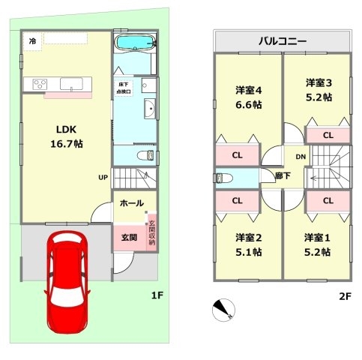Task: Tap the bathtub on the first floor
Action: [135, 42]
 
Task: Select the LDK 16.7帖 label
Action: [67, 136]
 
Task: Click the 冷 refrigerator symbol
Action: [32, 41]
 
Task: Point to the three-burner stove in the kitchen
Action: [40, 84]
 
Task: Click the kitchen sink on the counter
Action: [71, 84]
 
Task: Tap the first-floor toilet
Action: [145, 155]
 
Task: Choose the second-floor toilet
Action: [223, 178]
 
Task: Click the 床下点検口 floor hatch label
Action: [124, 88]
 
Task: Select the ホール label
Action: [132, 203]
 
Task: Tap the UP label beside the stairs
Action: [103, 177]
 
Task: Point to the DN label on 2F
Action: [301, 157]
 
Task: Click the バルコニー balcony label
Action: [283, 40]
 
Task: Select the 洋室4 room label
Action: [249, 90]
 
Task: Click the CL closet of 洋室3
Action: [328, 135]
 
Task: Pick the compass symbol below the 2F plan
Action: [223, 310]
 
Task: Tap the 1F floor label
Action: [157, 295]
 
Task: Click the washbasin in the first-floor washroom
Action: [150, 109]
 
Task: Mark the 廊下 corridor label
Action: [283, 175]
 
